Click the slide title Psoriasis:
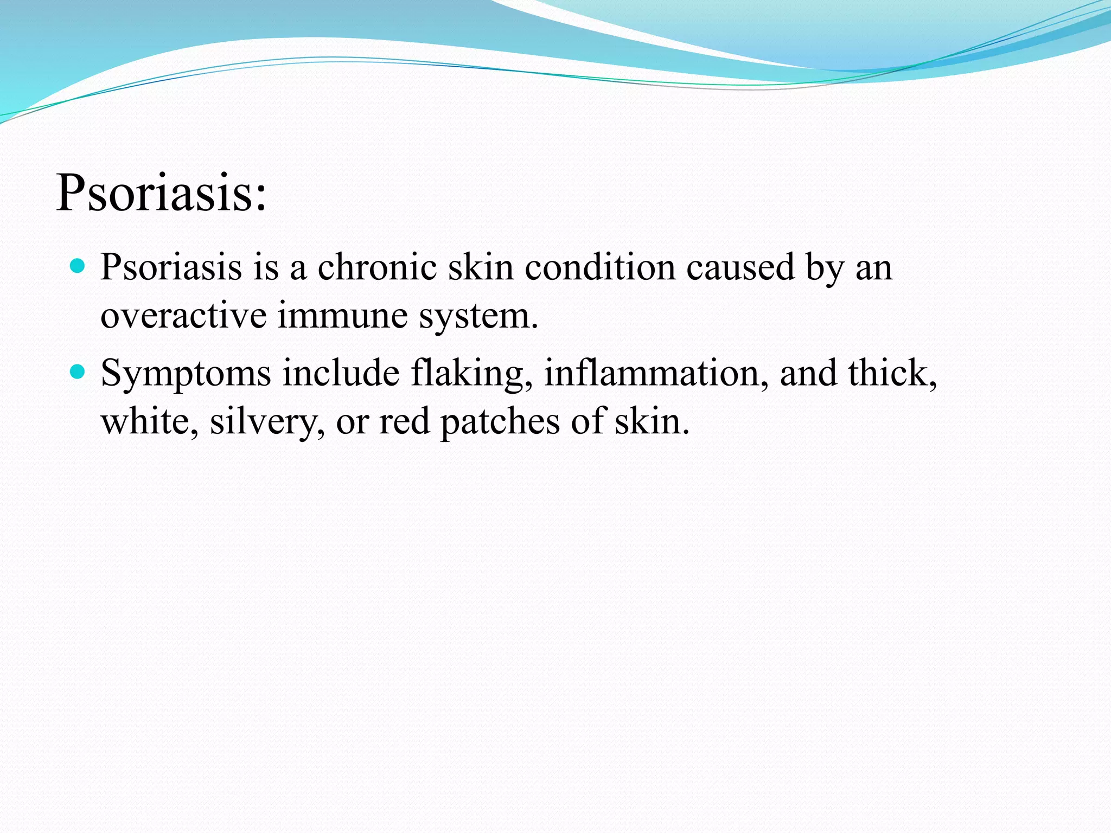click(162, 193)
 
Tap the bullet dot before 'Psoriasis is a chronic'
click(79, 266)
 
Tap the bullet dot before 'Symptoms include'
click(79, 372)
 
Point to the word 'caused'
click(740, 267)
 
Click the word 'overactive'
click(183, 315)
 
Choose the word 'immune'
click(342, 315)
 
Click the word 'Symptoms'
click(186, 374)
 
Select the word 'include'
click(341, 373)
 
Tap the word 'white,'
click(150, 421)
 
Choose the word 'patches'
click(500, 421)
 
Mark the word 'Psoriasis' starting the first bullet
click(171, 267)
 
